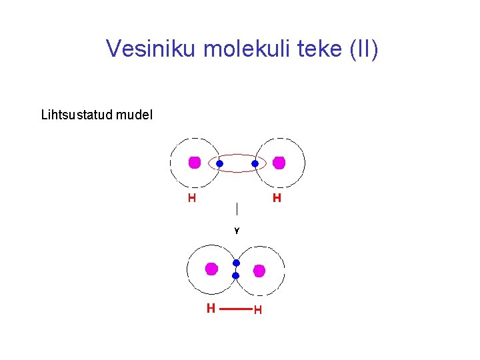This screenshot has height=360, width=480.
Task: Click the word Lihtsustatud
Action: (77, 115)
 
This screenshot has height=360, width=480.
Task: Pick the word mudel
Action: (134, 115)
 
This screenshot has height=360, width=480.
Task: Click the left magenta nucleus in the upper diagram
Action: (195, 162)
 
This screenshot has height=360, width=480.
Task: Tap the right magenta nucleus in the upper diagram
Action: (279, 163)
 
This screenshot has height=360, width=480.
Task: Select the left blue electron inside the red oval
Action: (219, 163)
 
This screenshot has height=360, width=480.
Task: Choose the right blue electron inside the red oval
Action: (255, 163)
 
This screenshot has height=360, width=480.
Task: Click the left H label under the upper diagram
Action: (192, 198)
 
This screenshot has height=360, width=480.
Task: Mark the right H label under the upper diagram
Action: (277, 198)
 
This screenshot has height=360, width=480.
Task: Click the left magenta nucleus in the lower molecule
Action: (211, 269)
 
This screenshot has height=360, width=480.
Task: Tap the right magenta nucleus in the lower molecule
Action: (259, 270)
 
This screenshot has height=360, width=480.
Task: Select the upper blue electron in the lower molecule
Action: (236, 263)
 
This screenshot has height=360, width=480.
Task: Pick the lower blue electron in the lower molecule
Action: (235, 275)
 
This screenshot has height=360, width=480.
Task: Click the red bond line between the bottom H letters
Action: (235, 309)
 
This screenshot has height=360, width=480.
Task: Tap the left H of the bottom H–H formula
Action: (211, 309)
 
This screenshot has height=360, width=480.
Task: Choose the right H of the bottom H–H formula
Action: (257, 310)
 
